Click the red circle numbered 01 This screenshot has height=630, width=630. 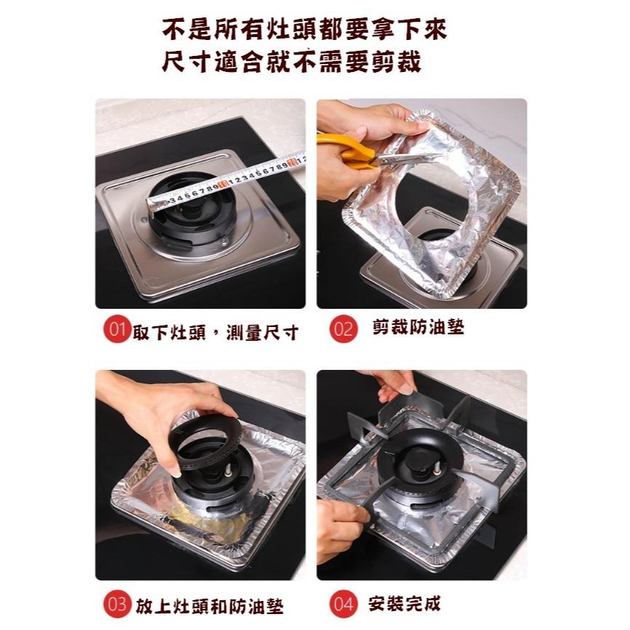[117, 329]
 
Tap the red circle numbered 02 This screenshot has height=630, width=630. [343, 328]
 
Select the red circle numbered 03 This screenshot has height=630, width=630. [117, 604]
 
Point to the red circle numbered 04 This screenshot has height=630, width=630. [343, 604]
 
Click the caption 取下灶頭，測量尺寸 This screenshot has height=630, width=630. [215, 332]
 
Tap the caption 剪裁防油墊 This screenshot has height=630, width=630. [419, 327]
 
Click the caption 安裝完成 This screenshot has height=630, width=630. [404, 603]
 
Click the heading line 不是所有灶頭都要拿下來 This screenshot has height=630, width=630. [304, 29]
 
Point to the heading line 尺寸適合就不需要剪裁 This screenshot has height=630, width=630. [291, 62]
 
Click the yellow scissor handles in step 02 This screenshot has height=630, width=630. [346, 151]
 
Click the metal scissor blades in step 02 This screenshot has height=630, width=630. [402, 159]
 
